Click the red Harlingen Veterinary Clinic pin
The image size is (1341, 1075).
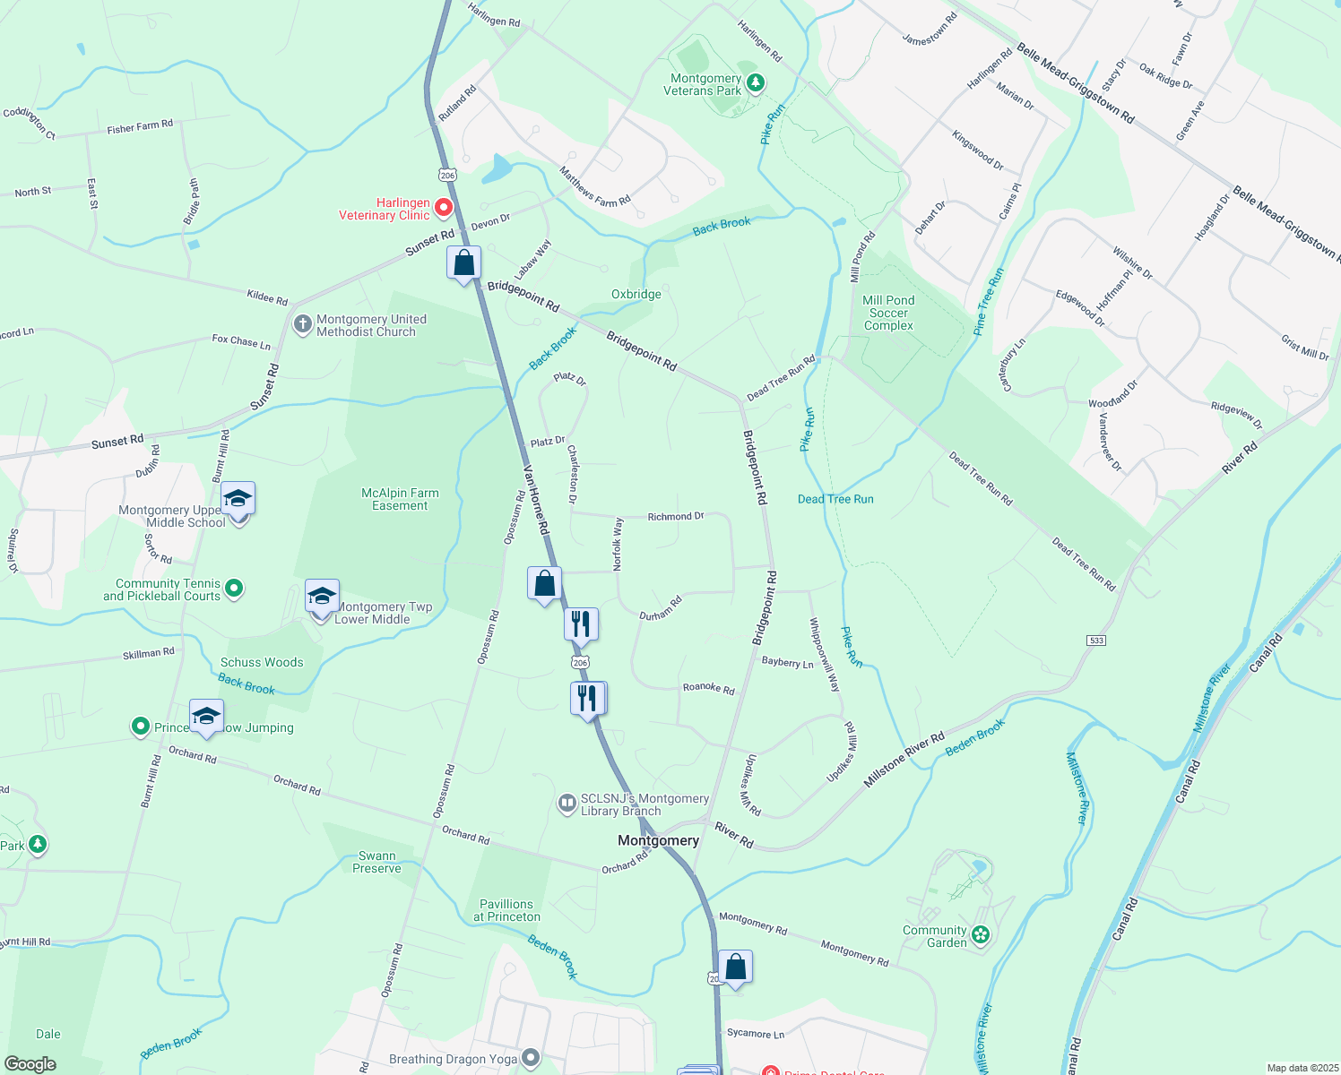click(443, 209)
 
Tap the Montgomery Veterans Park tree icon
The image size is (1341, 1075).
click(756, 83)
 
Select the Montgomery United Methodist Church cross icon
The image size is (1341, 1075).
click(303, 323)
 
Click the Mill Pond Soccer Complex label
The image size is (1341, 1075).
click(888, 313)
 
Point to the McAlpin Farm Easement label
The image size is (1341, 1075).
click(400, 499)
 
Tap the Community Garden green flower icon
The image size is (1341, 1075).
click(981, 935)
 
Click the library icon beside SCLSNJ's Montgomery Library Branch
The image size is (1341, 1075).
click(567, 803)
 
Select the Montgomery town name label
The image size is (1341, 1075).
click(658, 840)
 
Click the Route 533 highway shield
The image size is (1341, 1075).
click(1095, 641)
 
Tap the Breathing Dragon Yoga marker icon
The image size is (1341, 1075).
click(531, 1059)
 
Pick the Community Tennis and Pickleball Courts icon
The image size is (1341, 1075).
click(234, 589)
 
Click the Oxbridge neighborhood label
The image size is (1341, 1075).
click(636, 294)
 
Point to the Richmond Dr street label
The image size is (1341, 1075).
click(676, 517)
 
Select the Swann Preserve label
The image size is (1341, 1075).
click(376, 862)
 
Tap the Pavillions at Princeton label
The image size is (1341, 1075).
click(506, 910)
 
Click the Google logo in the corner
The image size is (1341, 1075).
click(30, 1063)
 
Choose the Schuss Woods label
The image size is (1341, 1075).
click(262, 662)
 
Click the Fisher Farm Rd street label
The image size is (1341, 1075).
click(140, 127)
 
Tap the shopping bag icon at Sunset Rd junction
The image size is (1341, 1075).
click(463, 262)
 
